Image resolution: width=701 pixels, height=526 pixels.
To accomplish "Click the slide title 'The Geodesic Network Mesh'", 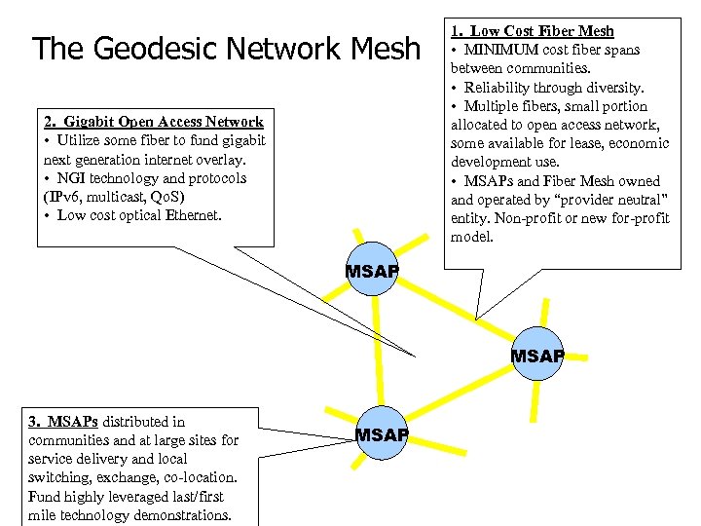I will tap(226, 49).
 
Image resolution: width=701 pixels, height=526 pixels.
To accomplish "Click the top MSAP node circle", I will tap(372, 271).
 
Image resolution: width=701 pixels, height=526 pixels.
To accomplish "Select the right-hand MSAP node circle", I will tap(537, 357).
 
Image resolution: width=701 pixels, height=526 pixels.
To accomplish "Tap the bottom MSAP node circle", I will tap(382, 433).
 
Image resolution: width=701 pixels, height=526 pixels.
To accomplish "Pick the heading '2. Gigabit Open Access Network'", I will tap(154, 122).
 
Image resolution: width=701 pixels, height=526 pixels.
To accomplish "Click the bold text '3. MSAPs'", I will tap(63, 422).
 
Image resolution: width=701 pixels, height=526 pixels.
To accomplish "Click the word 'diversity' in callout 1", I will tap(614, 88).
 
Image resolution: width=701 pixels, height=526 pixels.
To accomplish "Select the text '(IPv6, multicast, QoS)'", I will tap(114, 197).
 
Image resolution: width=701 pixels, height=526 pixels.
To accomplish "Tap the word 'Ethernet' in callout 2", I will tap(193, 215).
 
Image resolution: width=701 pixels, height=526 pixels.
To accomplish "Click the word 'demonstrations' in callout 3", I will tap(182, 514).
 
